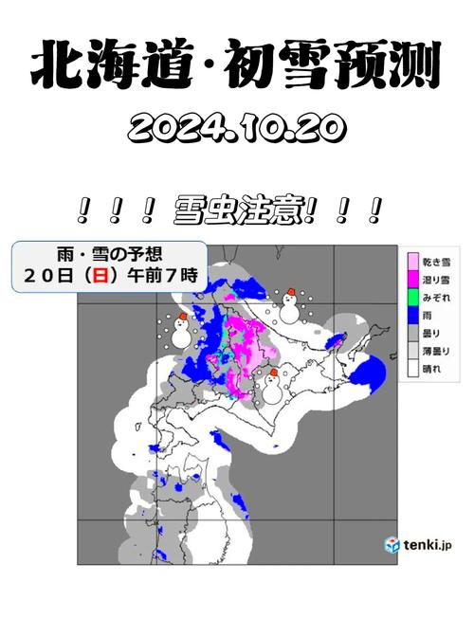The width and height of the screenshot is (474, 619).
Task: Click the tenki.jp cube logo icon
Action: pyautogui.click(x=392, y=545)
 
